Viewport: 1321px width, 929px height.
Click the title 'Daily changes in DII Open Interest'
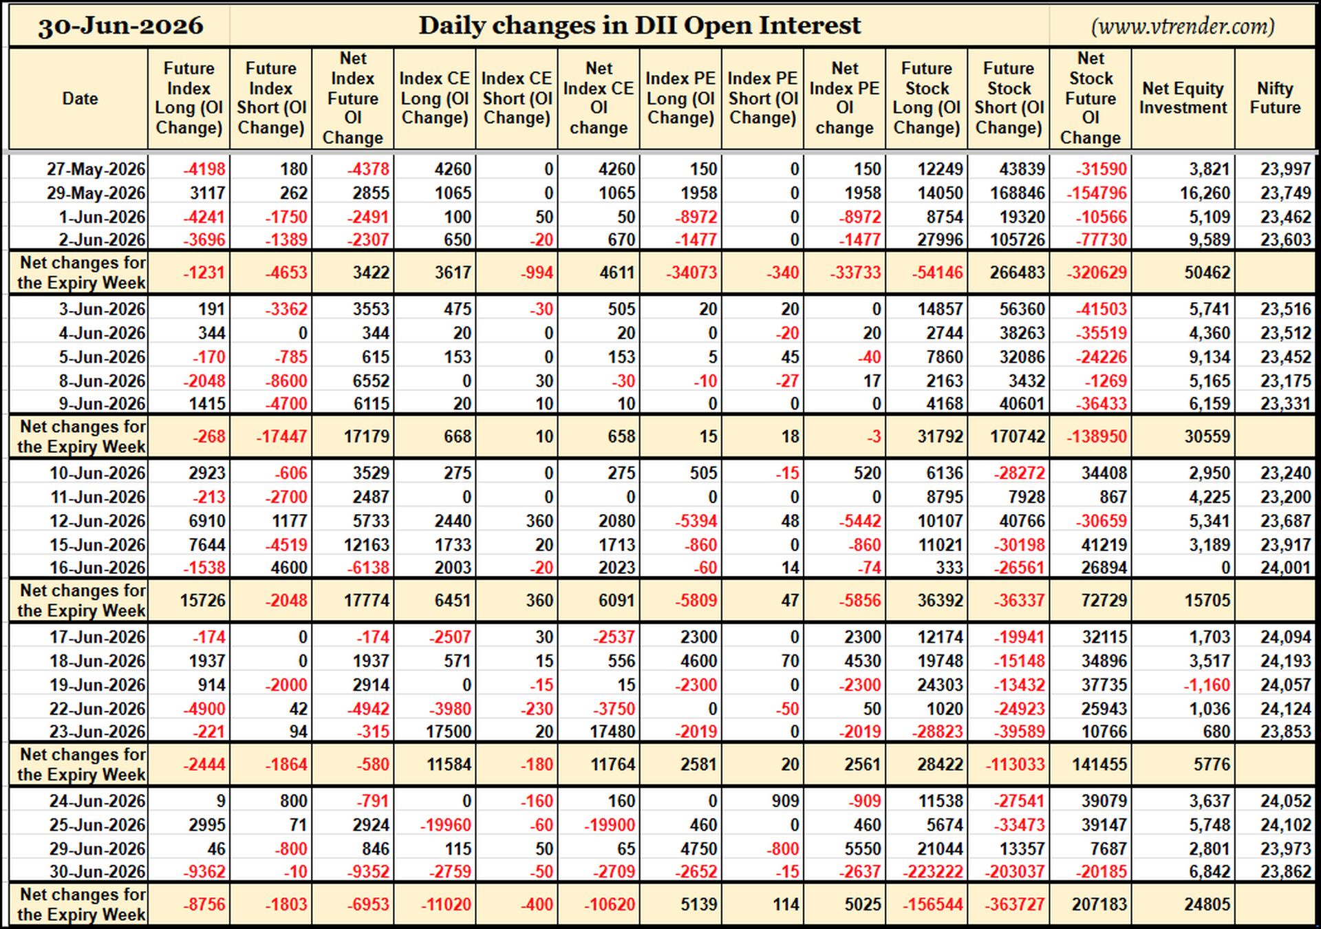pyautogui.click(x=639, y=25)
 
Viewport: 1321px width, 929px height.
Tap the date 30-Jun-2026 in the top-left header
pyautogui.click(x=120, y=26)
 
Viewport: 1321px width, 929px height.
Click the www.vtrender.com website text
pyautogui.click(x=1183, y=26)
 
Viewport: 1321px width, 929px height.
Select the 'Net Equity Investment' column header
pyautogui.click(x=1183, y=98)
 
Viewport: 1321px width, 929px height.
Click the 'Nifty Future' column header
pyautogui.click(x=1275, y=98)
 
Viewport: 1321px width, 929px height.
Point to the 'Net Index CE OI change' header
pyautogui.click(x=599, y=98)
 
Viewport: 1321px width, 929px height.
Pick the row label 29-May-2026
pyautogui.click(x=96, y=193)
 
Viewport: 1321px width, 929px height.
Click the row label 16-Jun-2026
pyautogui.click(x=98, y=568)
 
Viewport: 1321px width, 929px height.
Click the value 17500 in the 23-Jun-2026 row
pyautogui.click(x=449, y=732)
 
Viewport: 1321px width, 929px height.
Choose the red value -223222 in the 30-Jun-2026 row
pyautogui.click(x=932, y=872)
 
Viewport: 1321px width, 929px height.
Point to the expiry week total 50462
pyautogui.click(x=1207, y=273)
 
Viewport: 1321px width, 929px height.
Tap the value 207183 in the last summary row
pyautogui.click(x=1099, y=904)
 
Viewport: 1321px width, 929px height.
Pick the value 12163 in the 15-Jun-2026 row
pyautogui.click(x=367, y=545)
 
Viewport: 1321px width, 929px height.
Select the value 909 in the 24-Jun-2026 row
pyautogui.click(x=786, y=801)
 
